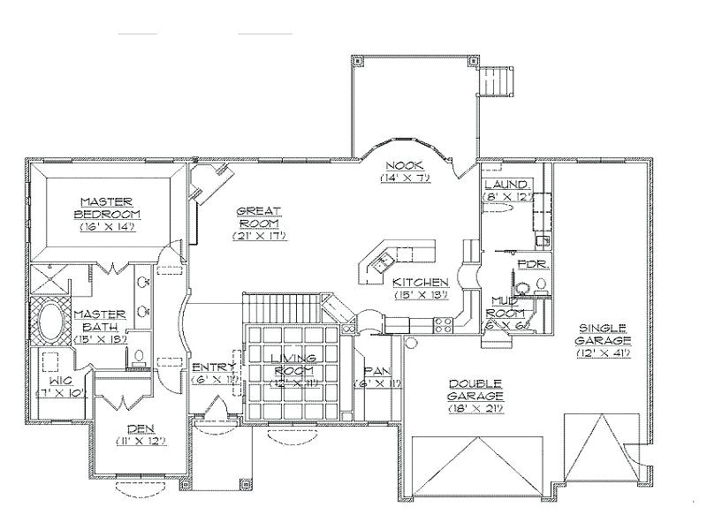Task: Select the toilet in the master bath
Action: pyautogui.click(x=138, y=357)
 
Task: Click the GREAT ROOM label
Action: pyautogui.click(x=259, y=216)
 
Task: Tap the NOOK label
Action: pyautogui.click(x=405, y=166)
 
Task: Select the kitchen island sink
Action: pyautogui.click(x=382, y=261)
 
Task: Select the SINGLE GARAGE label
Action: pyautogui.click(x=604, y=333)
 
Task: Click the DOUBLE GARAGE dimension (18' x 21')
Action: pyautogui.click(x=475, y=398)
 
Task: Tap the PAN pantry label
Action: pyautogui.click(x=377, y=372)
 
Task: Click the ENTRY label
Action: pyautogui.click(x=213, y=366)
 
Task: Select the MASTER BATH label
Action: pyautogui.click(x=103, y=319)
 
